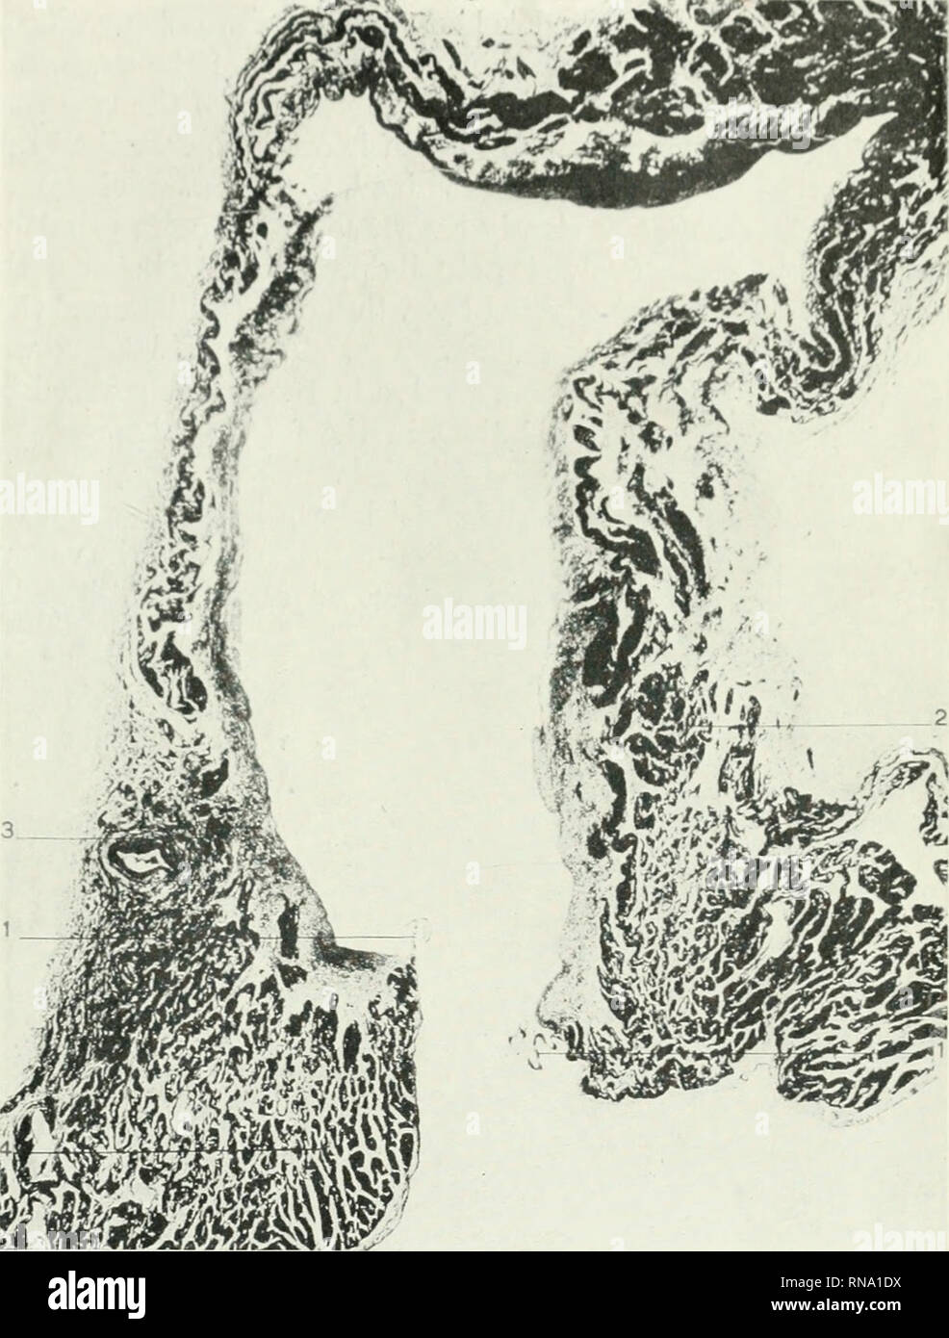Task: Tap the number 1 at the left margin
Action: pyautogui.click(x=6, y=937)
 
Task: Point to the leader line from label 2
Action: pyautogui.click(x=818, y=723)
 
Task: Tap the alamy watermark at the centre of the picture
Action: pyautogui.click(x=474, y=615)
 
